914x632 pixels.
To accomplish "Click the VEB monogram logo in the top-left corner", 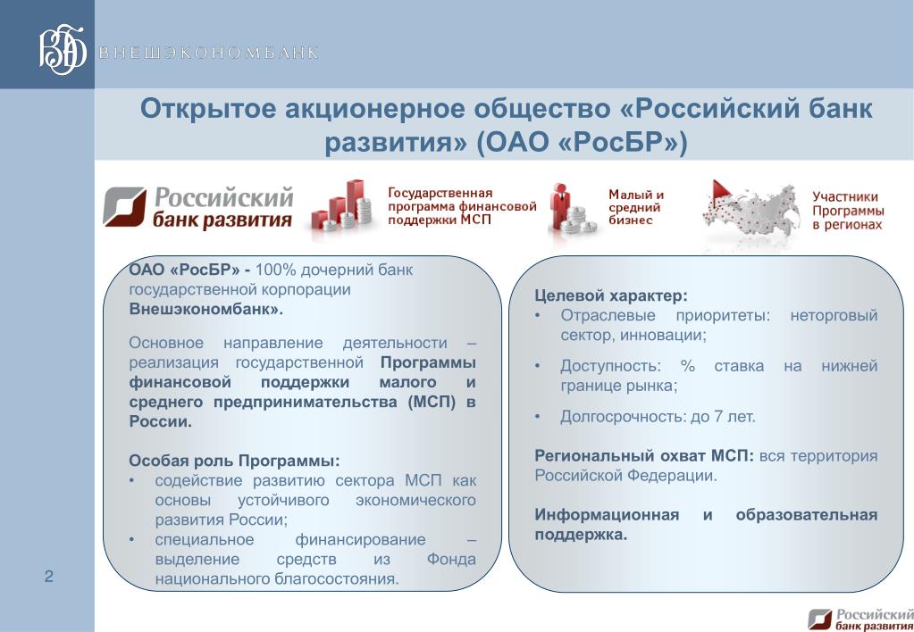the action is pos(63,50).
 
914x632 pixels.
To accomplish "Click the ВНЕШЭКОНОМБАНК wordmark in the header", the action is pos(209,53).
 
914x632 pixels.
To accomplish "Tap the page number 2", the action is pos(49,576).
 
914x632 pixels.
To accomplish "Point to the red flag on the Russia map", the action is pos(720,189).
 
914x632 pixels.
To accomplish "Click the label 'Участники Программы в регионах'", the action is pos(848,211).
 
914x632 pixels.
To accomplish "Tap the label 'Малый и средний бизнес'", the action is pos(636,207).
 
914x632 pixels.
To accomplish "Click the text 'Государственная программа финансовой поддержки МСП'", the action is pos(462,206).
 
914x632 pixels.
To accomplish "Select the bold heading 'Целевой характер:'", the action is pos(611,295).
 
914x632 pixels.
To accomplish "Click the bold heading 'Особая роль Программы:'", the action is pos(234,461).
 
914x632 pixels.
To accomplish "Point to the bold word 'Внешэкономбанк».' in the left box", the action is pos(205,309).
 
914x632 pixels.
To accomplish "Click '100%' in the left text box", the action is pos(276,270).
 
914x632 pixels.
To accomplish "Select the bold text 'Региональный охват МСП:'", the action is pos(644,455).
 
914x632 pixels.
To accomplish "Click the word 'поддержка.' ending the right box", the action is pos(581,535).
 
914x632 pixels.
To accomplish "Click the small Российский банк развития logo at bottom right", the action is pos(860,620).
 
